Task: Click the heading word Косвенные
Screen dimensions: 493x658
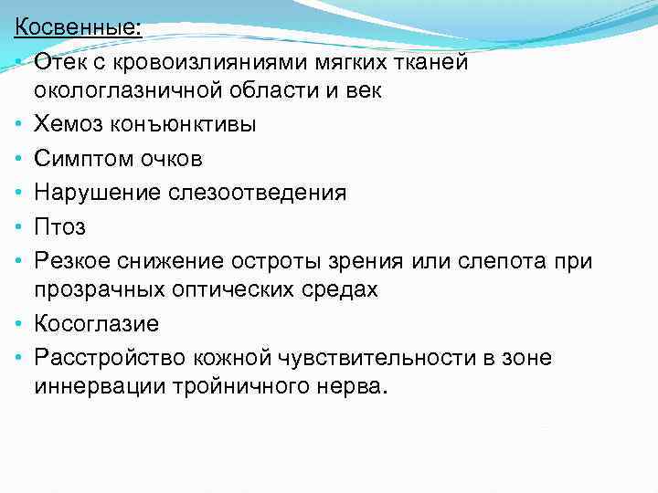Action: pyautogui.click(x=77, y=27)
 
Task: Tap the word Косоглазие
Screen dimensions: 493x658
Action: pyautogui.click(x=97, y=323)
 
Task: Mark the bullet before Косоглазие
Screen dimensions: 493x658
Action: pyautogui.click(x=19, y=324)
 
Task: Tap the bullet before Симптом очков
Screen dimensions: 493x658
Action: pyautogui.click(x=19, y=160)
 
